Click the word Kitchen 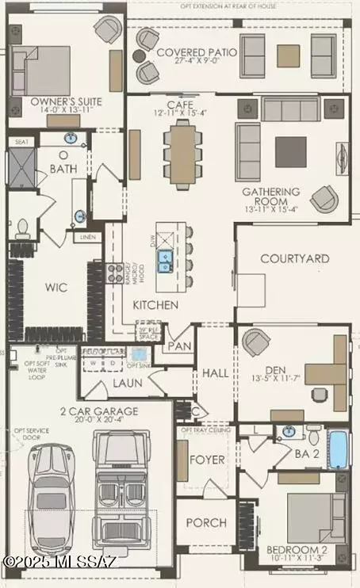click(155, 305)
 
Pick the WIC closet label click(57, 287)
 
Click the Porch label click(206, 523)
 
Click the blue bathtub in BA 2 click(338, 449)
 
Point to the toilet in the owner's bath click(22, 228)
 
